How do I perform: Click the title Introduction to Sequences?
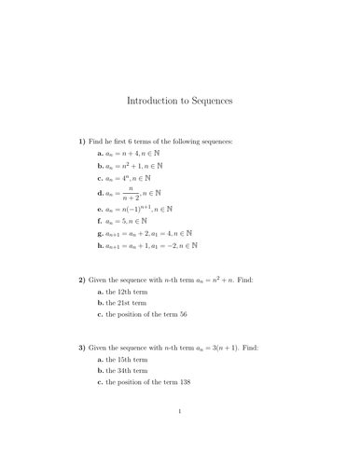click(x=179, y=100)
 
